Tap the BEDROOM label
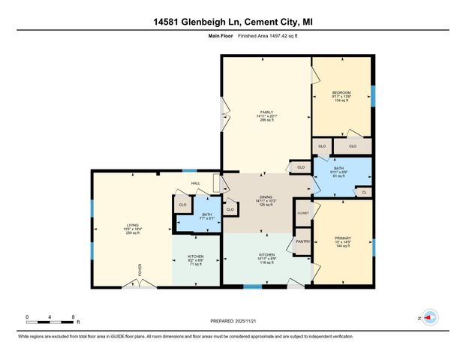(341, 92)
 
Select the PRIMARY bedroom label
(342, 238)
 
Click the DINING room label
(266, 196)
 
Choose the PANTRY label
(302, 241)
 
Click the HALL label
(195, 183)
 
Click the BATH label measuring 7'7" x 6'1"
(207, 214)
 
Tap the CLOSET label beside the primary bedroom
(302, 213)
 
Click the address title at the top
(233, 22)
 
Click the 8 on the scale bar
(72, 317)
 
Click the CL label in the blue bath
(364, 192)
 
